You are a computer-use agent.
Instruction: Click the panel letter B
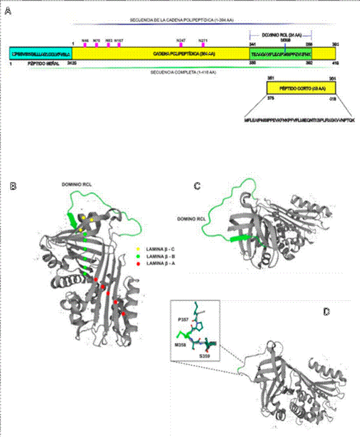pos(14,186)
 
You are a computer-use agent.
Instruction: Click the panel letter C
pos(198,186)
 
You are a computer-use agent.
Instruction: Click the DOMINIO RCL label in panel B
pos(76,185)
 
